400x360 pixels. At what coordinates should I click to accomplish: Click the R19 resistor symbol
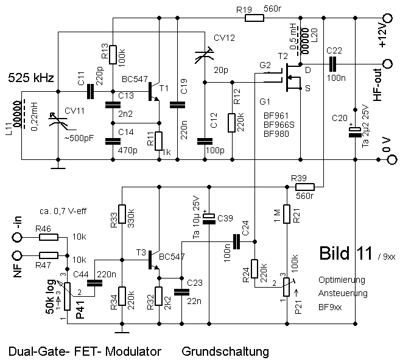click(x=254, y=18)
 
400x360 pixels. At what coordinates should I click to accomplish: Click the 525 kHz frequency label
click(x=31, y=78)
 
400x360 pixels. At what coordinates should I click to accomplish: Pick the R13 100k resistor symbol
click(x=113, y=54)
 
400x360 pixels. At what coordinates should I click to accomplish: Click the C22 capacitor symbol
click(x=334, y=63)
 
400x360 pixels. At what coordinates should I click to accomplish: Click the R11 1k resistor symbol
click(x=158, y=140)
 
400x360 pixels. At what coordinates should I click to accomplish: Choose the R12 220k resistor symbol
click(x=232, y=122)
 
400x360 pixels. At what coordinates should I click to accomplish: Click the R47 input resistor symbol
click(x=49, y=255)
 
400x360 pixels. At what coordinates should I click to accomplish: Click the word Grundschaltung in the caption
click(x=225, y=351)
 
